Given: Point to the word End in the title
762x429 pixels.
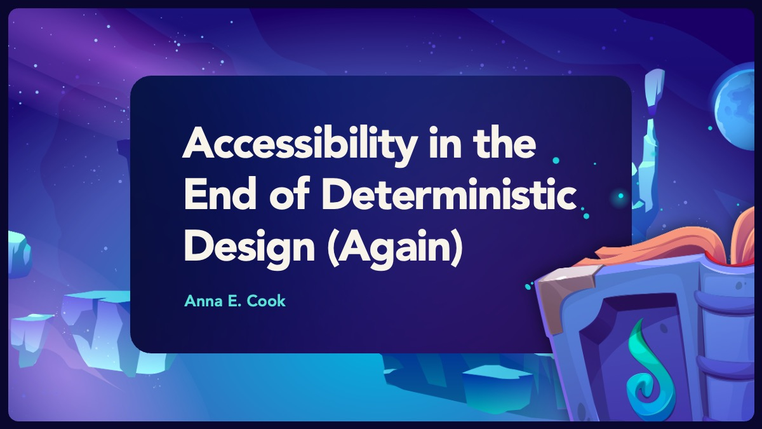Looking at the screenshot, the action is (x=220, y=194).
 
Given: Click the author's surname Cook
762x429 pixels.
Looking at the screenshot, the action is (x=266, y=301).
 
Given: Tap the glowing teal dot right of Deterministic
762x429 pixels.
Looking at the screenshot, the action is (x=620, y=196).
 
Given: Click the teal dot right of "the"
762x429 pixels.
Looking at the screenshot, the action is (x=556, y=160).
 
